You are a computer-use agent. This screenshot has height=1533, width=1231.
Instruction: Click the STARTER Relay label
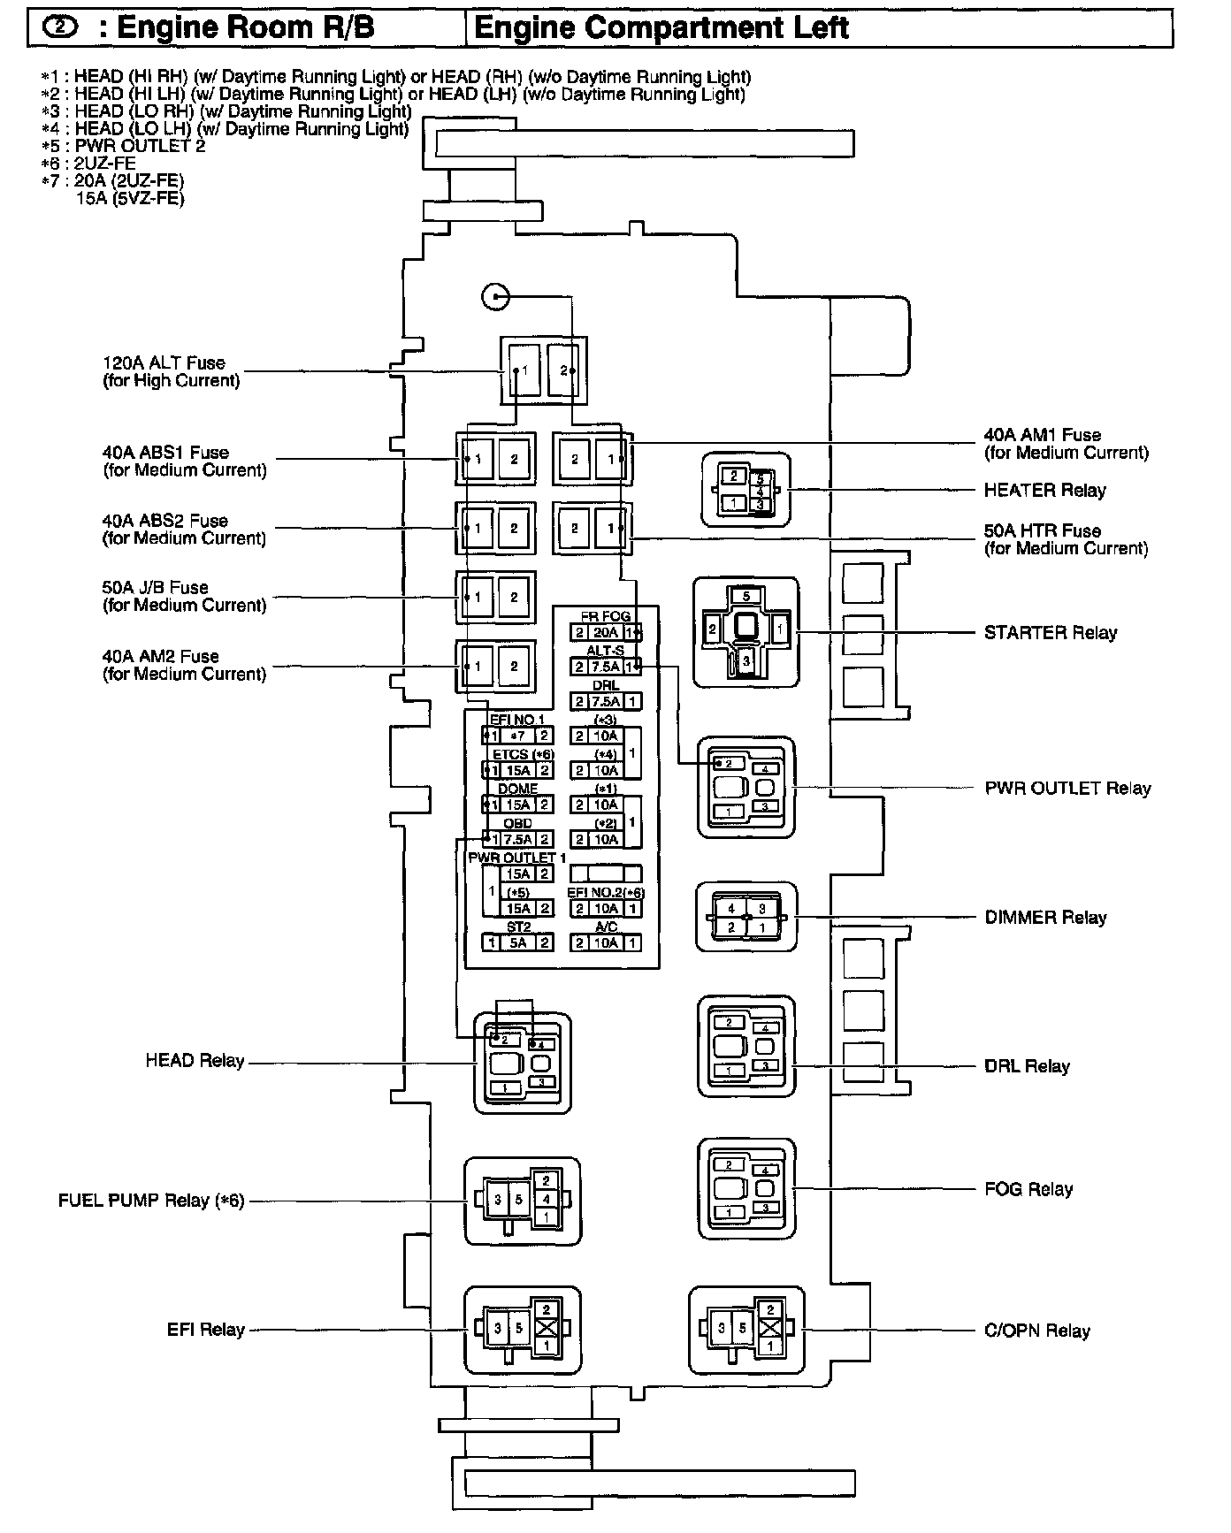point(1050,633)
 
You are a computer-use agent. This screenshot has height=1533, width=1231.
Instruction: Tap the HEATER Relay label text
point(1044,491)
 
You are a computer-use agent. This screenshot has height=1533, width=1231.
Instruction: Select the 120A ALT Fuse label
point(171,371)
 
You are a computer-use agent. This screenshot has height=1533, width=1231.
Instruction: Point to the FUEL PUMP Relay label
point(150,1201)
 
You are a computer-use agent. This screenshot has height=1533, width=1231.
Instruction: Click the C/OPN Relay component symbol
point(746,1329)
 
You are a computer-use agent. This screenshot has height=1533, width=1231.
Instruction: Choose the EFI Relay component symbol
point(523,1329)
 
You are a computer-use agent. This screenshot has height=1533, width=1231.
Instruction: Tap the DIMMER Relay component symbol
point(746,917)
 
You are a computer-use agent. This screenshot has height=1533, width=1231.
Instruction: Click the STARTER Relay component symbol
point(745,631)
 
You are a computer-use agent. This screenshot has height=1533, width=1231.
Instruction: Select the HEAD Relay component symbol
point(522,1063)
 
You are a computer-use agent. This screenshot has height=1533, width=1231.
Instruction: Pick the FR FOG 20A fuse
point(606,633)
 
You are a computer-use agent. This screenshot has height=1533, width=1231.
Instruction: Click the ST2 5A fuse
point(517,943)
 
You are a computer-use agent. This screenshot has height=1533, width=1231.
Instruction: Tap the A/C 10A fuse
point(606,943)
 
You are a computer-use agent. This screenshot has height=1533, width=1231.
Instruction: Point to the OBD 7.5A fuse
point(517,840)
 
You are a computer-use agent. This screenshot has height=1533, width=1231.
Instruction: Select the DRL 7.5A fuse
point(606,702)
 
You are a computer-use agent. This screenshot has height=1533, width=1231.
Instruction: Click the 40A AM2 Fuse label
point(184,665)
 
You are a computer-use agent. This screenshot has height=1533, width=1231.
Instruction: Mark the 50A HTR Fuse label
point(1066,539)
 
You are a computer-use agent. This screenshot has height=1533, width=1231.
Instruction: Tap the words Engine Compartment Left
point(661,28)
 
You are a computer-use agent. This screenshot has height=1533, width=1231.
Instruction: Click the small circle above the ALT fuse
point(495,296)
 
